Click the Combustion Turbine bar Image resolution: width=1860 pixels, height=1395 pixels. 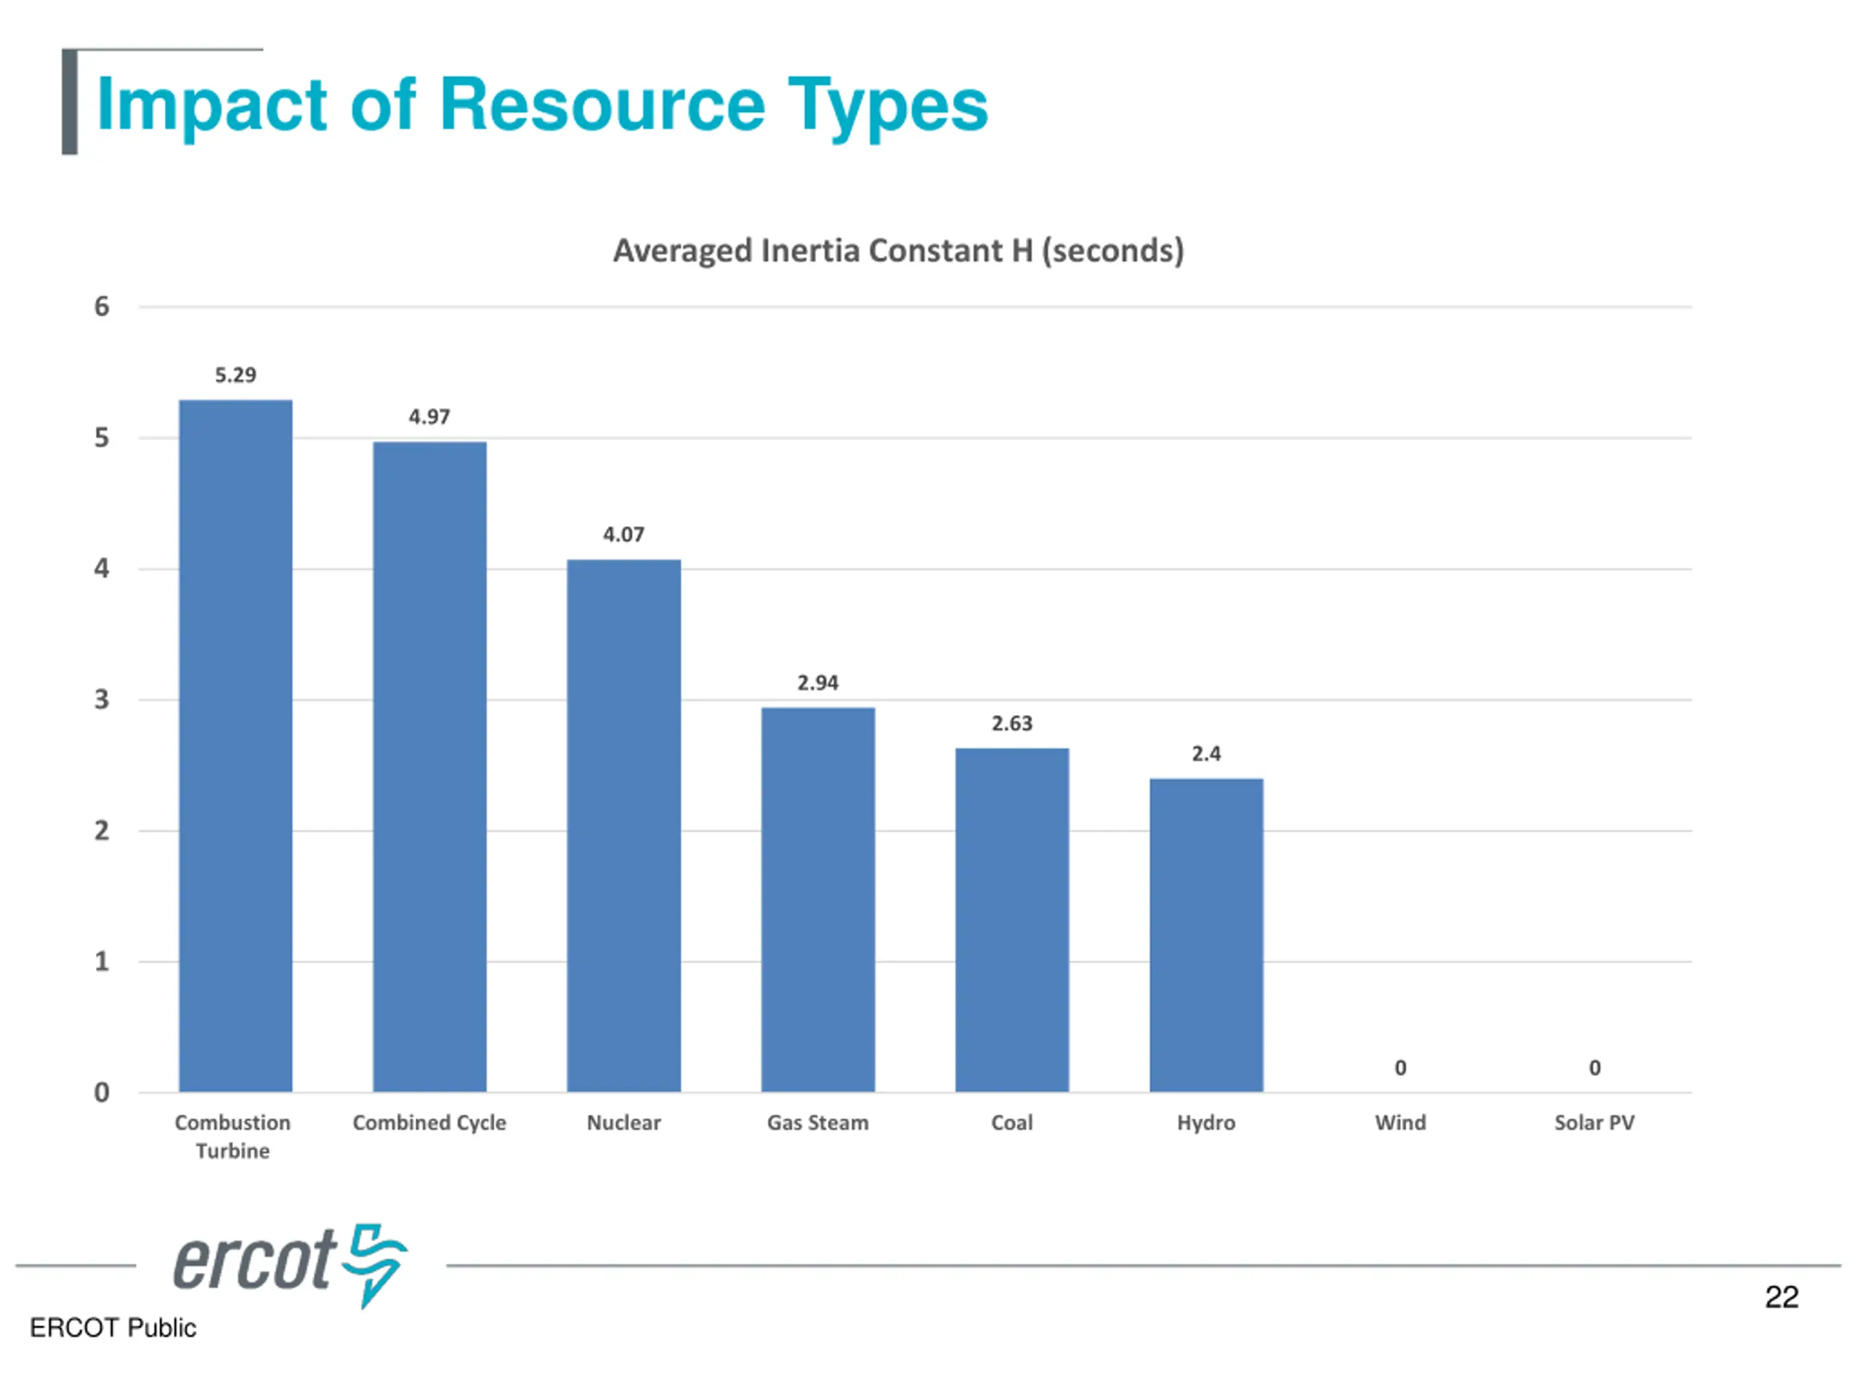(235, 746)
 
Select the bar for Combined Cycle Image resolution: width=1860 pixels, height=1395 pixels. (429, 767)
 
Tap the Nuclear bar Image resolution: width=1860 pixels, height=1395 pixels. (624, 825)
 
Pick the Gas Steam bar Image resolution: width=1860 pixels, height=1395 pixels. (818, 899)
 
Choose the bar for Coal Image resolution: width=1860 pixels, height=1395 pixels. (1011, 920)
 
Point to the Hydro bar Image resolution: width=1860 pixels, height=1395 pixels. (1206, 935)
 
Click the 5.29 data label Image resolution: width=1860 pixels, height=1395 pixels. (235, 375)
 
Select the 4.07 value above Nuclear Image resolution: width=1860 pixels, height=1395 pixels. (623, 535)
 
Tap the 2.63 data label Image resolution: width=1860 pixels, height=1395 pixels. (1011, 723)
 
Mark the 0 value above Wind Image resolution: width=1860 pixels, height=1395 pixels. (1400, 1068)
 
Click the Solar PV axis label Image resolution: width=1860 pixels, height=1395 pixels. (1594, 1123)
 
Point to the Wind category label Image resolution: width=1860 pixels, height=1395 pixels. (1400, 1123)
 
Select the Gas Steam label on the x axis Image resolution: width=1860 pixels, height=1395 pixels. (817, 1123)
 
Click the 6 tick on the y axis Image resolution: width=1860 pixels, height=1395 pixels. (102, 306)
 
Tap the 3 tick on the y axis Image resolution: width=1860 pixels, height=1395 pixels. (102, 700)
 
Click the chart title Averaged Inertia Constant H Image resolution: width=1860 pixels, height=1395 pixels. (898, 251)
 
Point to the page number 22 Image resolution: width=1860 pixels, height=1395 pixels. (1781, 1297)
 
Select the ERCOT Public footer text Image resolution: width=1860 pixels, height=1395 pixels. (113, 1327)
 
